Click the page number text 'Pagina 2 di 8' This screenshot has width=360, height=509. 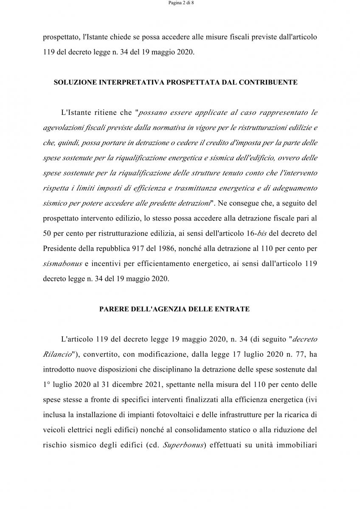(x=180, y=3)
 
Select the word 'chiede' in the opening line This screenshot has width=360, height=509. (x=120, y=37)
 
